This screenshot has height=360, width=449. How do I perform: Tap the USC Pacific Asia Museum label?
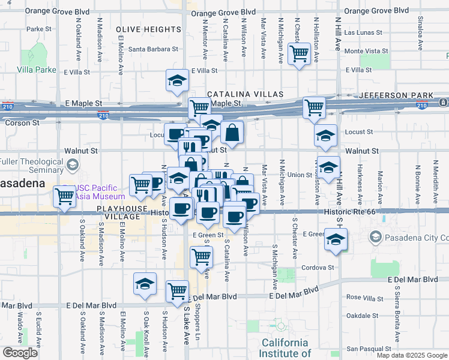pos(99,192)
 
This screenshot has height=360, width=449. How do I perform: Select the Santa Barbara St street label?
pos(154,49)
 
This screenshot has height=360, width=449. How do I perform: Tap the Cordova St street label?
pos(318,268)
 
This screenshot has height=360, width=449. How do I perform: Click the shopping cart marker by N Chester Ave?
pos(299,53)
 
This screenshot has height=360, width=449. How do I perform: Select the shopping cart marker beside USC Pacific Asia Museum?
pos(64,196)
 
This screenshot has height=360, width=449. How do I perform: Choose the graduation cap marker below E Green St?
pos(336,239)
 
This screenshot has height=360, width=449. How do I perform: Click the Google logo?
pos(20,353)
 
